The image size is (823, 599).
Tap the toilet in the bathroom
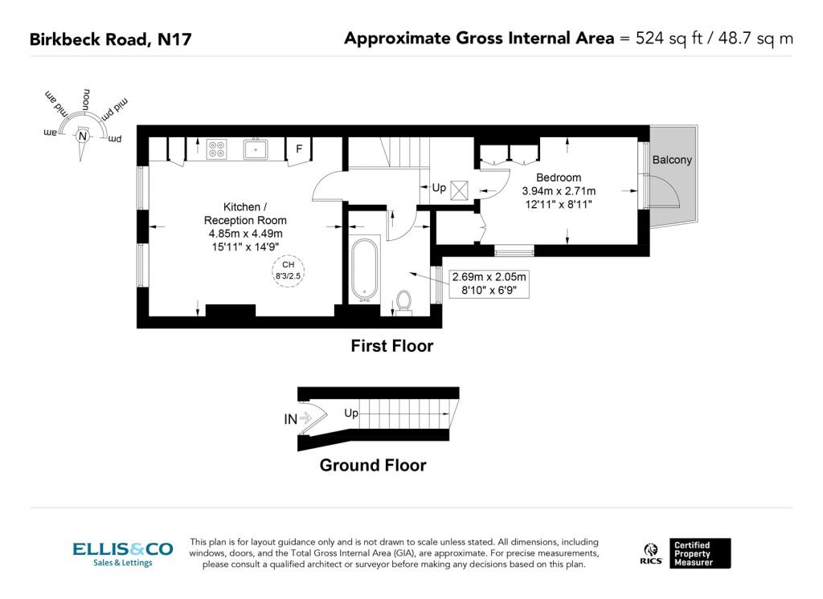tap(403, 303)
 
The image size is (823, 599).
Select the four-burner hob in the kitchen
tap(216, 149)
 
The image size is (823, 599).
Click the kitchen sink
tap(256, 149)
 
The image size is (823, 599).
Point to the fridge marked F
tap(299, 149)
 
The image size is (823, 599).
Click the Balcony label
tap(672, 160)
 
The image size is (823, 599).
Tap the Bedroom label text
tap(559, 177)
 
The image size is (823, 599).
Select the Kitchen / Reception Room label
tap(245, 214)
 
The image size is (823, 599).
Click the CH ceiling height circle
tap(289, 271)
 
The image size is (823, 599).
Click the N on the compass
tap(83, 137)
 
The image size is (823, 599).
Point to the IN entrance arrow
tap(305, 418)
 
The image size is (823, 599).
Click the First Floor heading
tap(392, 346)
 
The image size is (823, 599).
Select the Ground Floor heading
tap(373, 465)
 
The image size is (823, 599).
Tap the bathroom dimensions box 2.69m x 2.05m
tap(489, 283)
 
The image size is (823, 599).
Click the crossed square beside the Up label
tap(459, 189)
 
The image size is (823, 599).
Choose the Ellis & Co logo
tap(123, 554)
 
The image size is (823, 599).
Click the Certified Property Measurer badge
tap(700, 553)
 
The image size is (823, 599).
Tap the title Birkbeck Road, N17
tap(111, 39)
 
